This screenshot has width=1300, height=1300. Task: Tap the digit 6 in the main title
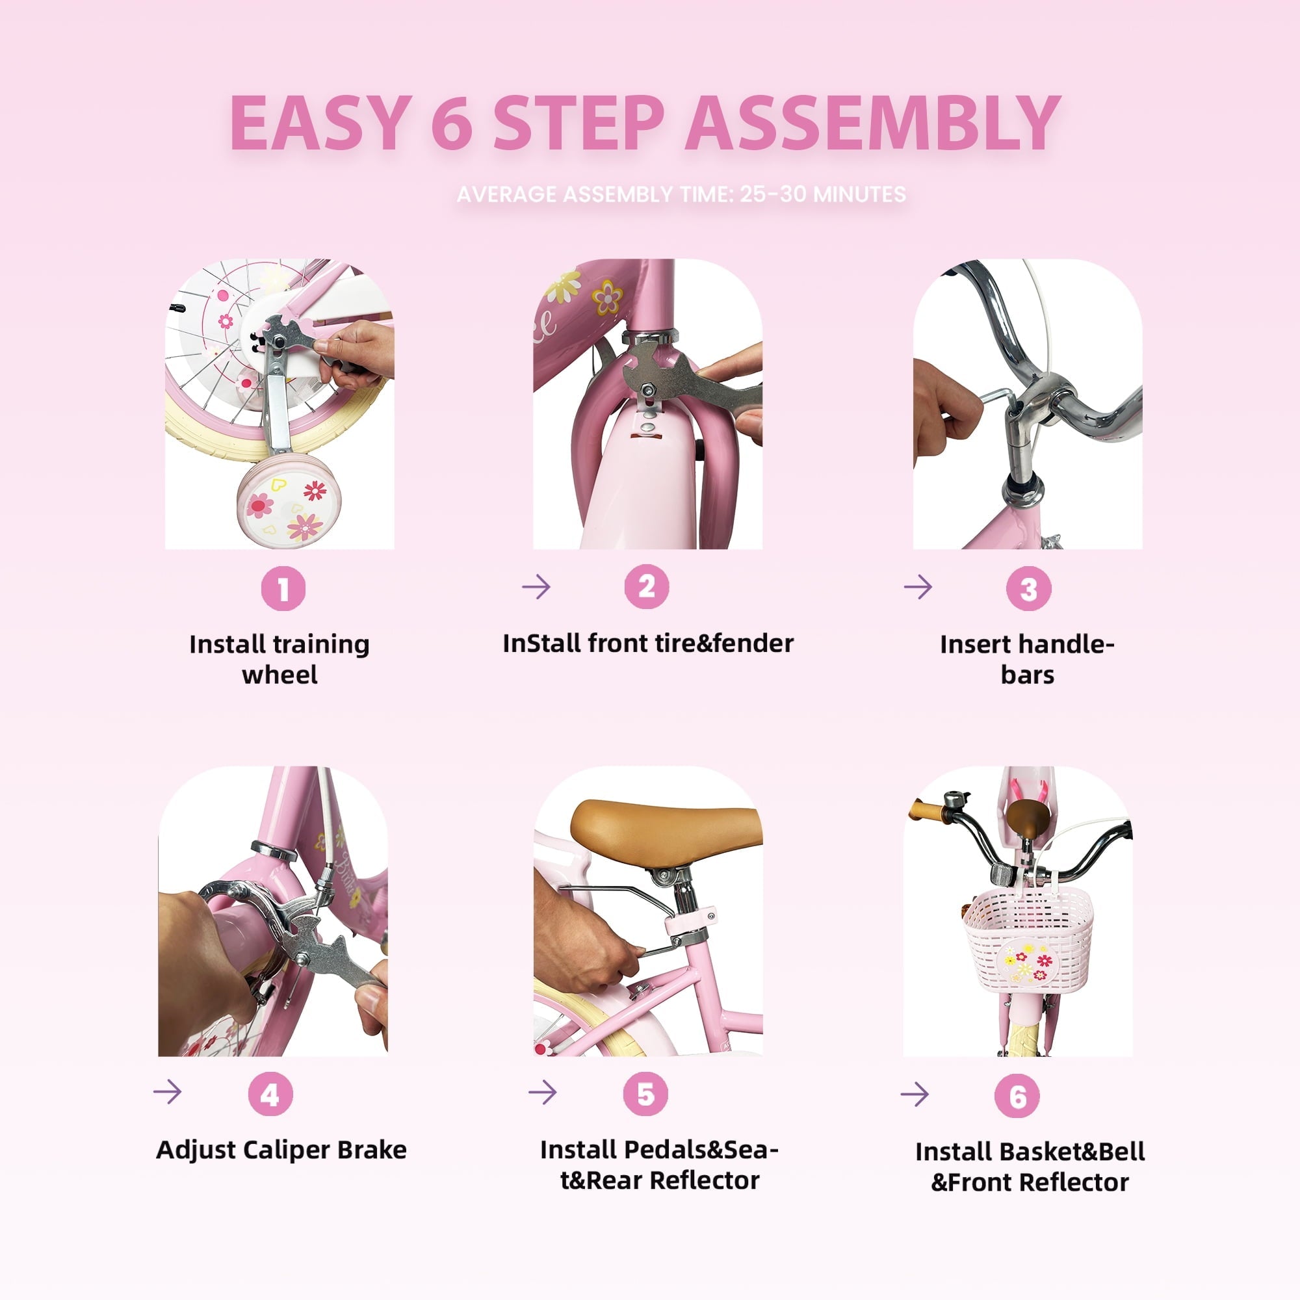click(452, 122)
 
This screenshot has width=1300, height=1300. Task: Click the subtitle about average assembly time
click(681, 194)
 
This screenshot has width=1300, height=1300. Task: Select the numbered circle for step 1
click(283, 589)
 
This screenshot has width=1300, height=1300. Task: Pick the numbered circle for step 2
click(647, 587)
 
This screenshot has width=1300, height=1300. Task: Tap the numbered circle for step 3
click(1028, 589)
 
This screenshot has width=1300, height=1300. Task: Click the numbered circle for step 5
click(645, 1093)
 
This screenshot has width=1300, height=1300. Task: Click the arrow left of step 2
click(536, 587)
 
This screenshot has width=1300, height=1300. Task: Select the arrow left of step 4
click(168, 1091)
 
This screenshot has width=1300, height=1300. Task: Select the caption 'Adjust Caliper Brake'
click(281, 1150)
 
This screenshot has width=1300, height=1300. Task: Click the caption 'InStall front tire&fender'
click(648, 643)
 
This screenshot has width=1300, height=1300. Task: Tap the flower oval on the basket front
click(1028, 963)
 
